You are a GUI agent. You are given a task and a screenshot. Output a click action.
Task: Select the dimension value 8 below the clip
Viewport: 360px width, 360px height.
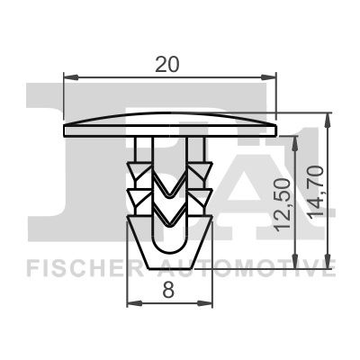click(168, 290)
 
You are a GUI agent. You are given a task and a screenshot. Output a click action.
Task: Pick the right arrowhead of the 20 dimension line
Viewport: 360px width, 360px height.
click(272, 79)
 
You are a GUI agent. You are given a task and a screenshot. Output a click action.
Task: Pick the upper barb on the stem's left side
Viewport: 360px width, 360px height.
click(134, 168)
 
